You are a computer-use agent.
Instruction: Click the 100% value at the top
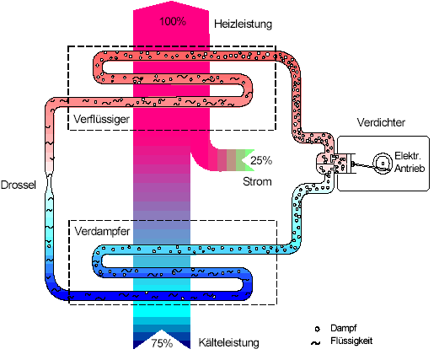[x=173, y=21]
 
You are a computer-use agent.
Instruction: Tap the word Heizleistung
[x=243, y=24]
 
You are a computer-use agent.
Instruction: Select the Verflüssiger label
[x=101, y=119]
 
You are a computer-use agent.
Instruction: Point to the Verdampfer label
[x=102, y=231]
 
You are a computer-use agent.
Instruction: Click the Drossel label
[x=19, y=185]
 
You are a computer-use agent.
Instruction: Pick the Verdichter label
[x=381, y=122]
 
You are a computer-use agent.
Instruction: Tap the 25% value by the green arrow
[x=261, y=160]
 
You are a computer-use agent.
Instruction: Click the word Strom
[x=257, y=181]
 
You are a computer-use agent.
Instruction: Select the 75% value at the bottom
[x=162, y=343]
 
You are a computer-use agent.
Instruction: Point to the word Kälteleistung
[x=228, y=342]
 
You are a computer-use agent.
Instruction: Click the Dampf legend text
[x=344, y=328]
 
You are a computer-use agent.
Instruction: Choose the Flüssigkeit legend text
[x=351, y=341]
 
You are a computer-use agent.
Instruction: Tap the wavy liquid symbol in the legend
[x=316, y=343]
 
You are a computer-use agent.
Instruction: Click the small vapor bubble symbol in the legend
[x=318, y=329]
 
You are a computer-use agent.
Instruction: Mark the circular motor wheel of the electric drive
[x=383, y=164]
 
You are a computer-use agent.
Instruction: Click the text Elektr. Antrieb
[x=410, y=162]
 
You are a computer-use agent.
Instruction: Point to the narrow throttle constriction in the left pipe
[x=50, y=175]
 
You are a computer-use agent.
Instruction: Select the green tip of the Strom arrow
[x=248, y=160]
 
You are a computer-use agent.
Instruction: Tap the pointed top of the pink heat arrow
[x=171, y=2]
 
